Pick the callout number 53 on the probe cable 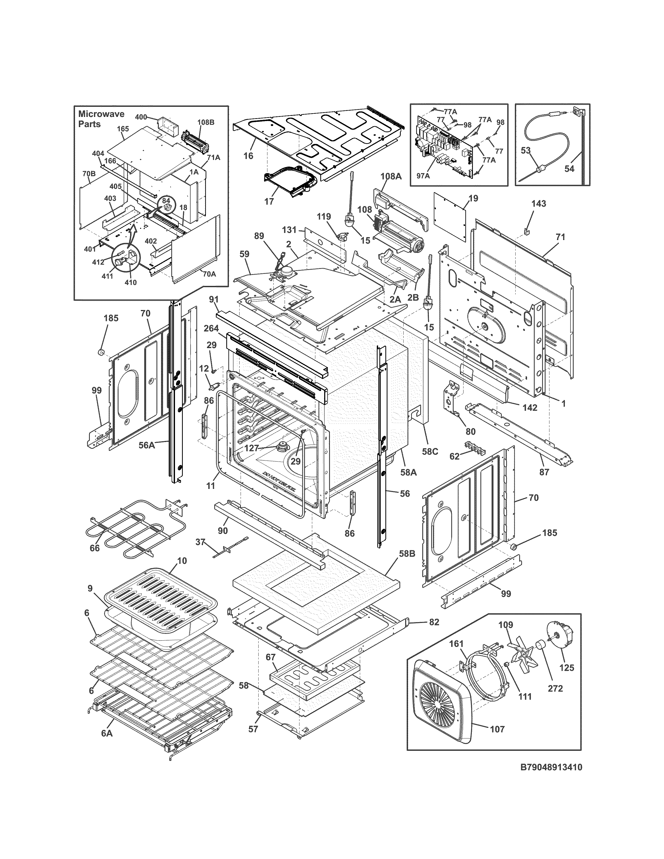[x=526, y=150]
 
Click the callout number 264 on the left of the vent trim [x=212, y=329]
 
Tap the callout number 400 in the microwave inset [x=141, y=117]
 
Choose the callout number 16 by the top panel [x=248, y=155]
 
